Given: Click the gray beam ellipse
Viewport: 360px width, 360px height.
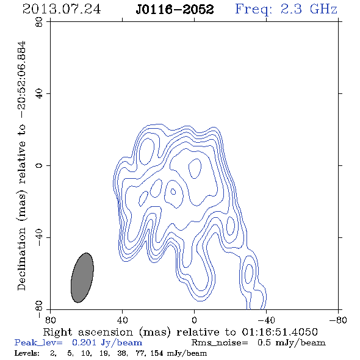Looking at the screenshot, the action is [x=82, y=278].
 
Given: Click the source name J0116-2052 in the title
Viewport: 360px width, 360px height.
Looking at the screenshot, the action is [x=175, y=9].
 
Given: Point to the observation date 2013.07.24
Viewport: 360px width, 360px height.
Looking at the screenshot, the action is [x=62, y=9].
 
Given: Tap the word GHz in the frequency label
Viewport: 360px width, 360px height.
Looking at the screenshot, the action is [x=323, y=9].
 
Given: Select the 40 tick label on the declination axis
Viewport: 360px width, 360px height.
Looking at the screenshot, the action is [x=39, y=94].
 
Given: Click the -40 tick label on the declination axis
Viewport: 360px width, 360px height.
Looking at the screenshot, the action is [x=39, y=237].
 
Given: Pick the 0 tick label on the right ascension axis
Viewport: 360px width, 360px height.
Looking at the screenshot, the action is [x=194, y=320].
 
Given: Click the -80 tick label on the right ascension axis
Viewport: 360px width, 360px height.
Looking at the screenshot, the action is [x=338, y=320].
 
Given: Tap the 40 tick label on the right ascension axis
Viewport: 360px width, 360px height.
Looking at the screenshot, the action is [x=122, y=320].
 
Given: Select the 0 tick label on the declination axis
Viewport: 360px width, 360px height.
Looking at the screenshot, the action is [x=39, y=165].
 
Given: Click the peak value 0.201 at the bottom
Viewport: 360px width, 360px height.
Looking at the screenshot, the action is [x=84, y=342].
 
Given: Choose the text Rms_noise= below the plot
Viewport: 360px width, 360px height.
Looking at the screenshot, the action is [x=220, y=343].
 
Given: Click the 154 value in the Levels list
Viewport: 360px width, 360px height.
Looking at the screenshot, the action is [x=158, y=353].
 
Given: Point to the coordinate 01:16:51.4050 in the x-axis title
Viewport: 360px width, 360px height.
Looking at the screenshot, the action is [x=279, y=332].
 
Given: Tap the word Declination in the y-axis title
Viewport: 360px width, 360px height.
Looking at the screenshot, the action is [x=21, y=259].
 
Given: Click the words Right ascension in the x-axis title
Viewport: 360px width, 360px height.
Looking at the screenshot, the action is [x=88, y=332].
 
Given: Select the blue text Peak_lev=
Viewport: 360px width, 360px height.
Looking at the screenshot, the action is [x=38, y=343].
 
